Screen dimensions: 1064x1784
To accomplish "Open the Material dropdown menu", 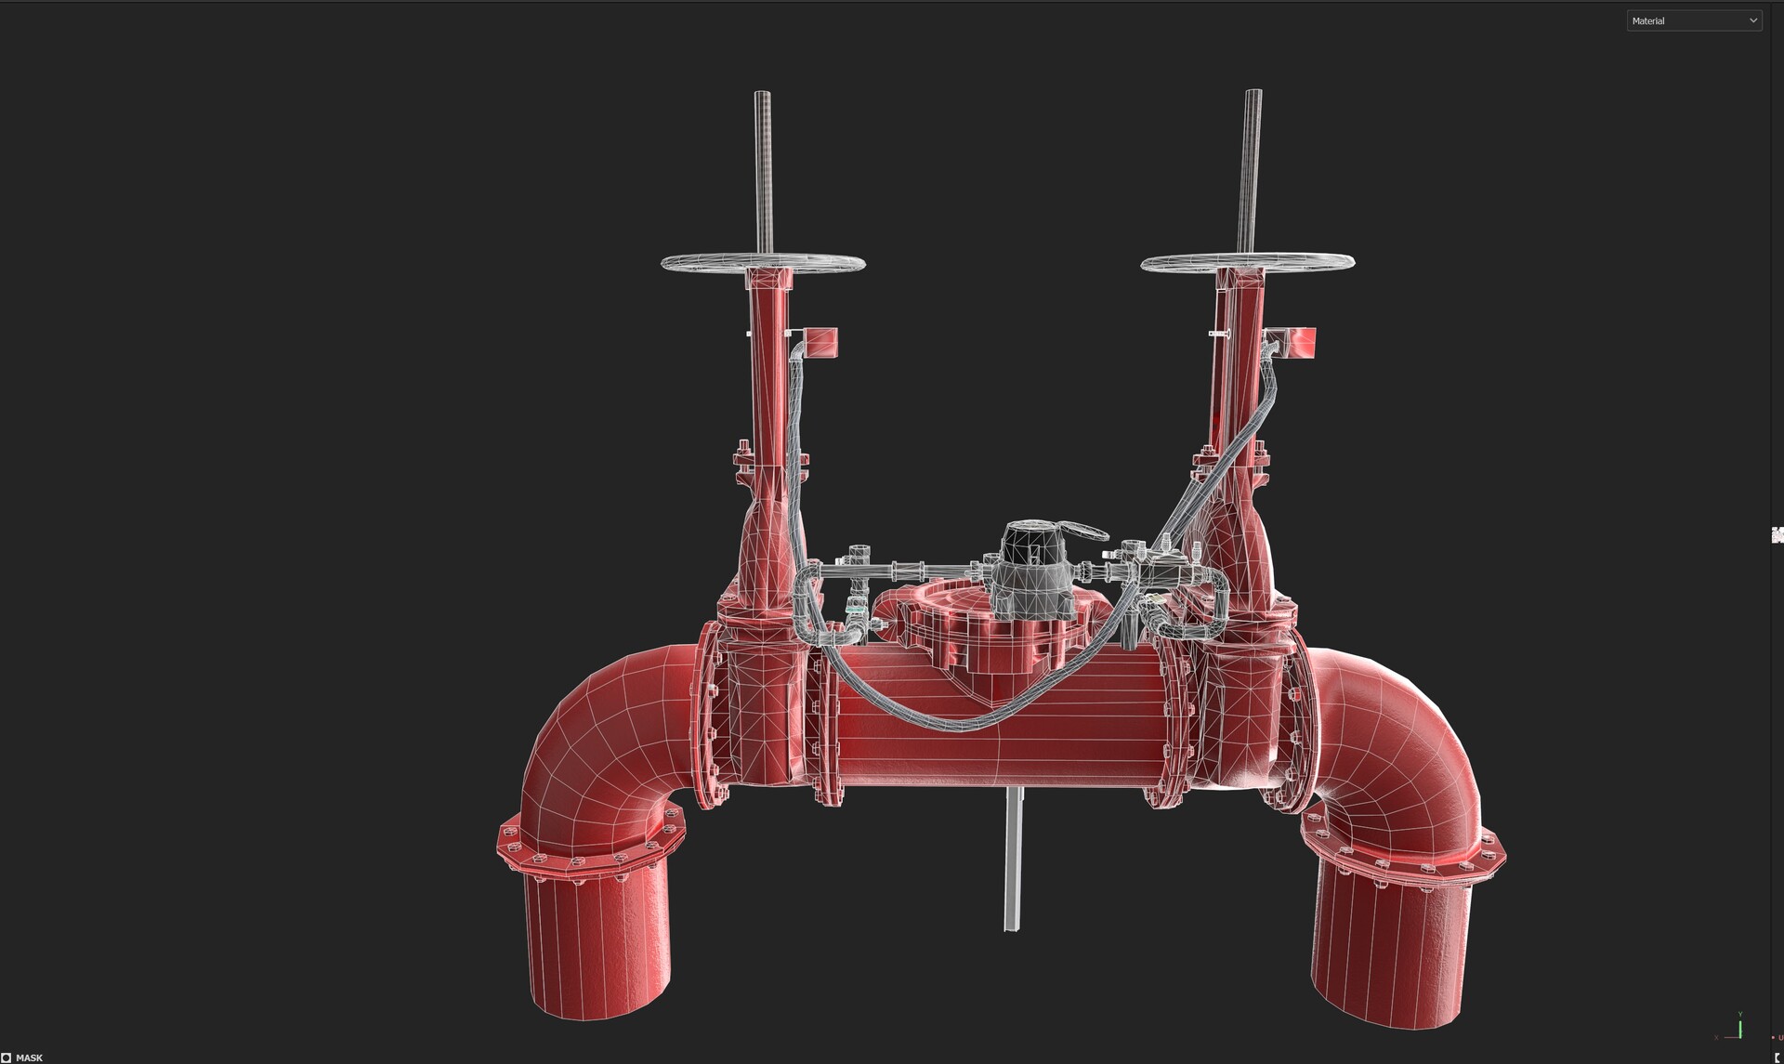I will pos(1693,20).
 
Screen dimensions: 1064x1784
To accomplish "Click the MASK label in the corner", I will pos(28,1057).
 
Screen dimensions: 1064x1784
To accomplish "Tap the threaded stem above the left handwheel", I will pos(762,167).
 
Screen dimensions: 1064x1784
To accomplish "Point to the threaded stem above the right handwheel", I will pos(1253,167).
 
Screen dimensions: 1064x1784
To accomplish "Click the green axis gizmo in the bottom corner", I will pos(1739,1026).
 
